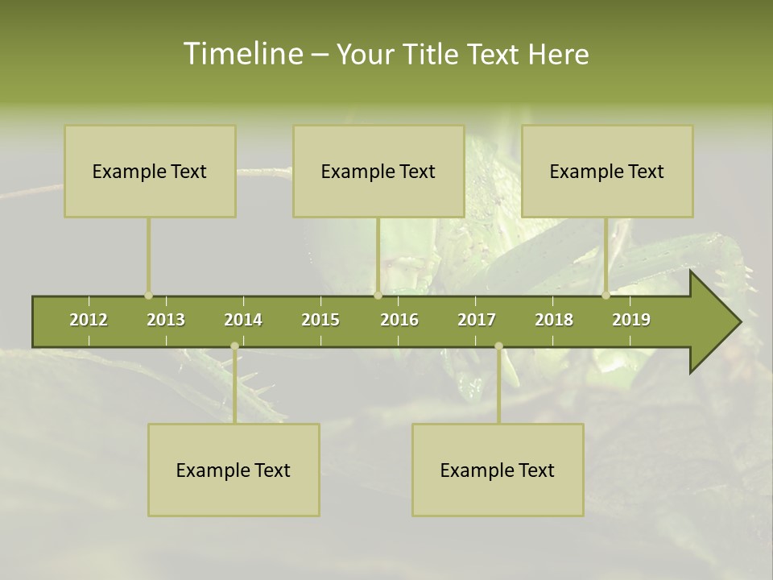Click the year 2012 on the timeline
coord(89,320)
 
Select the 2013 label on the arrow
coord(166,320)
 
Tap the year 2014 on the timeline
coord(243,320)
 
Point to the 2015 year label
coord(320,320)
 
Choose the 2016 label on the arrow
coord(399,320)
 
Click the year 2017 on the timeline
coord(477,320)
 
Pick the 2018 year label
coord(554,320)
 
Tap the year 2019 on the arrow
coord(631,320)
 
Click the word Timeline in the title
coord(242,54)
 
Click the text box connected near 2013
coord(150,171)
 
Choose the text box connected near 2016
coord(378,171)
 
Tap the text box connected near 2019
coord(607,171)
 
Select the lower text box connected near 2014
coord(234,470)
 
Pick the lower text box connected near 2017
coord(498,470)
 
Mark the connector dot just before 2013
coord(148,296)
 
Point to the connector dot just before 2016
coord(378,296)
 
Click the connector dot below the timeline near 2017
coord(498,346)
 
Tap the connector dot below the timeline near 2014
coord(234,346)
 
